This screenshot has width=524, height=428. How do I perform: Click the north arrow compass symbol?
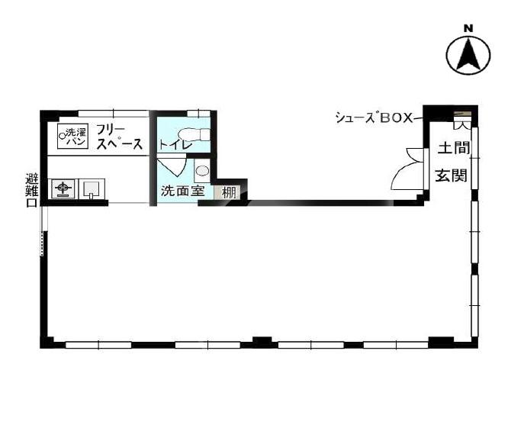(468, 54)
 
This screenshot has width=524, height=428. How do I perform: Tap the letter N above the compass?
(468, 29)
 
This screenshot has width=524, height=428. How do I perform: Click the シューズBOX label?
(375, 117)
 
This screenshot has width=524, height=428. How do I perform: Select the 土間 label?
(454, 148)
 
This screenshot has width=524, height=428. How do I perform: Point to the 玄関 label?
(451, 175)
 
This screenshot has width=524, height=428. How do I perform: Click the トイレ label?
(175, 145)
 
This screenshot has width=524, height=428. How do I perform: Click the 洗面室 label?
(182, 191)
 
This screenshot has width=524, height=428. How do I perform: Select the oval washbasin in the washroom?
(202, 171)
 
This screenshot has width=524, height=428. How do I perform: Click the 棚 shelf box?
(227, 193)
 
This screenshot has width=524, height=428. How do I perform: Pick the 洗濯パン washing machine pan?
(72, 137)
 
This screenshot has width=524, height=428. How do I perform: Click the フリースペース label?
(119, 137)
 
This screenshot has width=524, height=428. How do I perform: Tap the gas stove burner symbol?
(63, 188)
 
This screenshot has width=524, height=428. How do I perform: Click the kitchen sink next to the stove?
(92, 188)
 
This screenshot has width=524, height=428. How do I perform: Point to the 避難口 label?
(31, 191)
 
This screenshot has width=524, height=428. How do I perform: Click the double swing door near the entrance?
(409, 169)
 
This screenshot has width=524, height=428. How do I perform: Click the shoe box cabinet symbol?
(462, 120)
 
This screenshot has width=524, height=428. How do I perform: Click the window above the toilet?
(198, 114)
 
